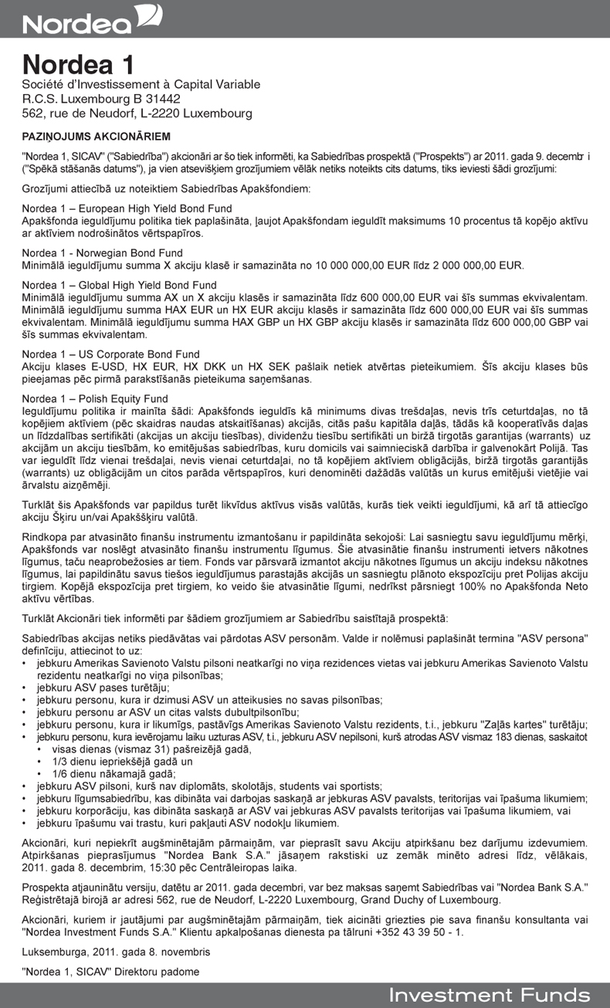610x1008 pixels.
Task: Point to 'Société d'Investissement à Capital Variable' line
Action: click(141, 84)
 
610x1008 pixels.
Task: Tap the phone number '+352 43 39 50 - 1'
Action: click(417, 932)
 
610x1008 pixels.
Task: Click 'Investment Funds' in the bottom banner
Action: click(489, 995)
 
